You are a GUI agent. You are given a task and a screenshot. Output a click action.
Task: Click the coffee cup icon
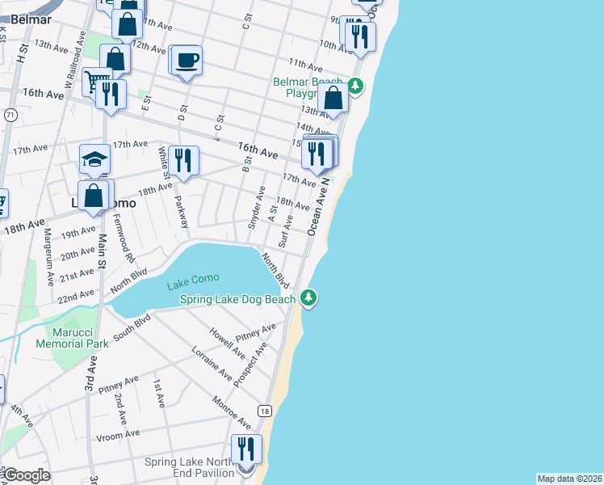click(x=187, y=61)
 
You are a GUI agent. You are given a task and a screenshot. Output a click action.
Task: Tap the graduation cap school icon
click(x=94, y=159)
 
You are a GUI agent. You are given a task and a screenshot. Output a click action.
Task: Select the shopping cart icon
click(x=96, y=81)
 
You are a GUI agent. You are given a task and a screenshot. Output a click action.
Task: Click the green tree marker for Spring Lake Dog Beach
click(x=308, y=298)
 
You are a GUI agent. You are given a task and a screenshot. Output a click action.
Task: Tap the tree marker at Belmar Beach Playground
click(x=355, y=84)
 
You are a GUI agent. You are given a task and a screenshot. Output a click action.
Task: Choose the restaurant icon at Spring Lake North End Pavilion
click(x=246, y=449)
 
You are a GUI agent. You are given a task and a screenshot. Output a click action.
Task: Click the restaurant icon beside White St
click(x=185, y=159)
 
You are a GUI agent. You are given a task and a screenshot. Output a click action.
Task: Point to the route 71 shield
click(x=10, y=116)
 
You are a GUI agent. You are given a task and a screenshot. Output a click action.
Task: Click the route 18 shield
click(x=264, y=411)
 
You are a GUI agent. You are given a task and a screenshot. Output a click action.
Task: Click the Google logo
click(x=26, y=475)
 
